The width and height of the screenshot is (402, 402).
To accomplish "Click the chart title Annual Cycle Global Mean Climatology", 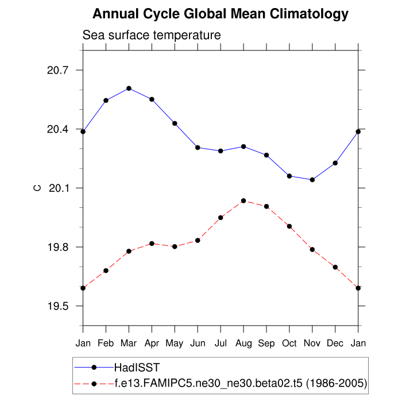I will (x=221, y=14).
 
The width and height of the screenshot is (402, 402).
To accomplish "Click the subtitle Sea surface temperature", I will (x=152, y=36).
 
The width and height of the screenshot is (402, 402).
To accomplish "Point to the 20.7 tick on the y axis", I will (x=57, y=70).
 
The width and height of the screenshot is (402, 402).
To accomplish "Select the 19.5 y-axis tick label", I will (x=57, y=306).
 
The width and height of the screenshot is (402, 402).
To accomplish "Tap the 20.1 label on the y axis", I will (x=57, y=188).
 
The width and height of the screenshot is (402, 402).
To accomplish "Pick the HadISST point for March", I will (x=129, y=88).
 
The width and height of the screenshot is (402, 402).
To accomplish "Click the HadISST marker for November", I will (x=312, y=180).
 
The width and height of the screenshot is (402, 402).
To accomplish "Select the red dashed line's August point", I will (x=243, y=200).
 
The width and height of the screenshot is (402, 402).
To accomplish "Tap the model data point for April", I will (x=152, y=243).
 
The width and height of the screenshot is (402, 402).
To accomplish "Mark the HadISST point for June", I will (x=198, y=148).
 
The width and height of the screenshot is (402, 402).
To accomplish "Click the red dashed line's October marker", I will (x=289, y=226).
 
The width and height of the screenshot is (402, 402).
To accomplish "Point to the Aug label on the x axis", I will (x=243, y=343).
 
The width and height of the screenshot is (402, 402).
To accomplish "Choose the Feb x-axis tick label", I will (x=106, y=343).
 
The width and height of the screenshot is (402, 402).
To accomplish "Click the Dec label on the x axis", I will (x=335, y=343).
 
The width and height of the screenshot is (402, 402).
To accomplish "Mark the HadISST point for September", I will (x=266, y=155).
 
